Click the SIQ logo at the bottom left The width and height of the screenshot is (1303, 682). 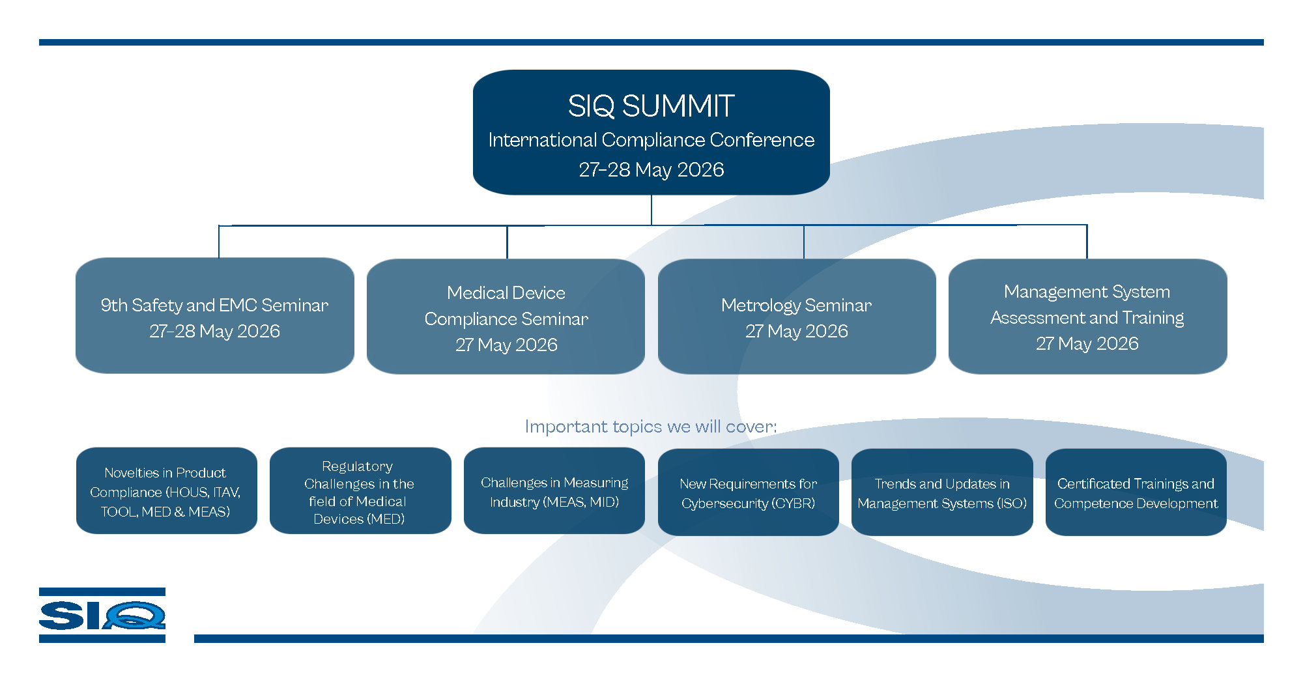point(102,615)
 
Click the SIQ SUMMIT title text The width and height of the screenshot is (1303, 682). point(651,106)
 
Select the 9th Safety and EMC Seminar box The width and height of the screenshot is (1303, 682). point(214,316)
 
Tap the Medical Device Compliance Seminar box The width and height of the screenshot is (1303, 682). point(506,317)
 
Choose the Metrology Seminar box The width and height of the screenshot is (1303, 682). point(796,317)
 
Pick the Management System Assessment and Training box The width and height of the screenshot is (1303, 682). point(1087,317)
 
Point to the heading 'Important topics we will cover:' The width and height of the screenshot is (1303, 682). point(650,427)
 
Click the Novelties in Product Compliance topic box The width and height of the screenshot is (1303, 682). point(166,491)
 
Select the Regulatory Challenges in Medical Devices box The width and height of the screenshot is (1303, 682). point(360,491)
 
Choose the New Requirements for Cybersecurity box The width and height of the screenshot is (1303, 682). point(748,492)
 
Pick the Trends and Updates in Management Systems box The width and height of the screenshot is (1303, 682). point(942,492)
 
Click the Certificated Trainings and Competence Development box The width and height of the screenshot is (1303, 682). point(1136,492)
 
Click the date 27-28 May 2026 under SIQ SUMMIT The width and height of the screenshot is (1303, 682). point(651,170)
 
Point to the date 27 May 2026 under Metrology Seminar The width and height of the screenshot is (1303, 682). point(796,332)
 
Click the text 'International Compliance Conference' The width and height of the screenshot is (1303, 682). point(651,140)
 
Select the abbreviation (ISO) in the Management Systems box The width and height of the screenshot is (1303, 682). point(1012,504)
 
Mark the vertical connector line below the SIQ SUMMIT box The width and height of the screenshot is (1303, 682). point(651,210)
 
